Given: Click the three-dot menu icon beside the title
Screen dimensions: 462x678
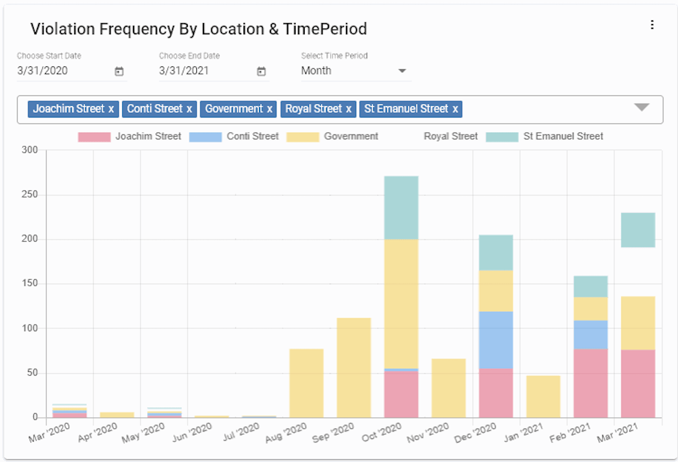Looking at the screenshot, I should (x=652, y=25).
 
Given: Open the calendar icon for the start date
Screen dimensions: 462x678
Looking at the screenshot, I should (x=119, y=71).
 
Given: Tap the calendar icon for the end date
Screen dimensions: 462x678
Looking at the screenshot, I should (x=261, y=71).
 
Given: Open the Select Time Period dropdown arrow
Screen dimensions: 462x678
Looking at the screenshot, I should (x=402, y=71).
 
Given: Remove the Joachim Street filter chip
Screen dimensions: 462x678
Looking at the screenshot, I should (x=111, y=109).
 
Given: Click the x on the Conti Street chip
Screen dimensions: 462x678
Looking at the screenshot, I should (x=189, y=109).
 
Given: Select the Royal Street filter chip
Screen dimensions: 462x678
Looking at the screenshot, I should (x=313, y=109).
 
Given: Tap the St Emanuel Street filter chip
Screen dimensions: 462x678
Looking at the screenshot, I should (x=406, y=109).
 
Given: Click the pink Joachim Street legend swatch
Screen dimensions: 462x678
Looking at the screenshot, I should (x=94, y=137).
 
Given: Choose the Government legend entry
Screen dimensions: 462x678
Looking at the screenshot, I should (x=351, y=137).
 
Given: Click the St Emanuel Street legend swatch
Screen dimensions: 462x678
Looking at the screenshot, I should (x=502, y=137).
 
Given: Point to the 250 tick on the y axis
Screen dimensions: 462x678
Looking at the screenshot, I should (x=30, y=195).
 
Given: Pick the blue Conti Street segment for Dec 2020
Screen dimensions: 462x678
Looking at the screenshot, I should (x=496, y=340).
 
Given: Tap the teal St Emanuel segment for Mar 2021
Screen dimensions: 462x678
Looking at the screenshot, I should (x=638, y=230).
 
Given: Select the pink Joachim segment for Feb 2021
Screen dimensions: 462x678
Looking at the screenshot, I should (x=591, y=383).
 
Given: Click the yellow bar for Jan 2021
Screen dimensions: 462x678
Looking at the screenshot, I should (x=543, y=397).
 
